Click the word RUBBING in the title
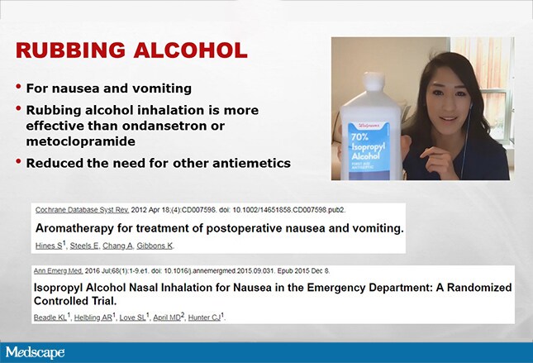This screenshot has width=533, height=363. click(70, 50)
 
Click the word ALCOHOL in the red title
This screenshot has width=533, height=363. click(190, 50)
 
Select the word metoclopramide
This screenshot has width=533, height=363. click(80, 141)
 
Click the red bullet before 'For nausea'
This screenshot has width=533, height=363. click(18, 87)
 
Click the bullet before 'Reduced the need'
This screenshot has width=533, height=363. click(18, 161)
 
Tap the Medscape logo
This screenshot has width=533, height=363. click(35, 352)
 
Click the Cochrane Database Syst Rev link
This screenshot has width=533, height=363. click(82, 210)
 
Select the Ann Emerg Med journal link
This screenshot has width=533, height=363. click(58, 271)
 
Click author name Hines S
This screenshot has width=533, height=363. click(49, 246)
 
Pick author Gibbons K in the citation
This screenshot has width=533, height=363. click(155, 246)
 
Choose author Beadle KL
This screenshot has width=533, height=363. click(50, 317)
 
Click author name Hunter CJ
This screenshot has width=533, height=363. click(205, 317)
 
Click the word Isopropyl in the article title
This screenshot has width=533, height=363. click(58, 288)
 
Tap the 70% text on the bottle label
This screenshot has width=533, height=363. click(359, 137)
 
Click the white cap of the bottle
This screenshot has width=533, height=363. click(374, 82)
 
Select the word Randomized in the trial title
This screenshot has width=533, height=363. click(479, 288)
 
